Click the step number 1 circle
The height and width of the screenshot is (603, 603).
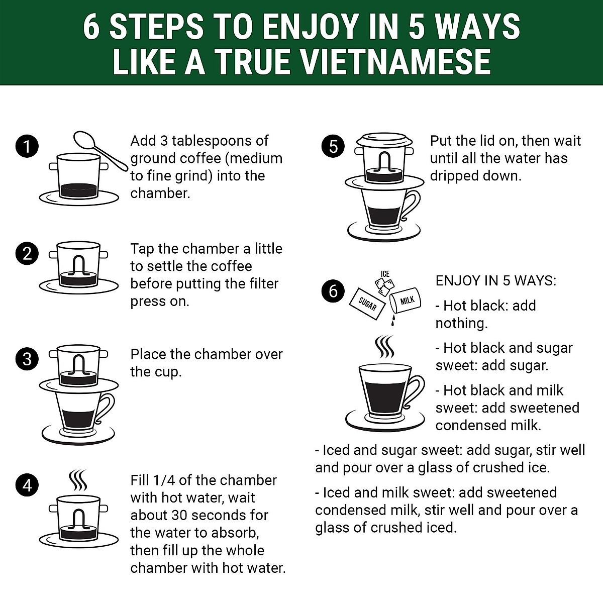tap(27, 146)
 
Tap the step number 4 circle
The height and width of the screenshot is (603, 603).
tap(27, 485)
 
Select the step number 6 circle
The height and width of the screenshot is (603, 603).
tap(333, 291)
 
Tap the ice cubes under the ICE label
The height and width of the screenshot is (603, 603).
tap(384, 286)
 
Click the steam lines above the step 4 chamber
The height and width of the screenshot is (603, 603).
tap(77, 480)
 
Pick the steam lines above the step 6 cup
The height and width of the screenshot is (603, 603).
tap(384, 347)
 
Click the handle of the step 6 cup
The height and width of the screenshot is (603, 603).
tap(415, 391)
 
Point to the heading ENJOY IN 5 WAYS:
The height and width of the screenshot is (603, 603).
tap(496, 281)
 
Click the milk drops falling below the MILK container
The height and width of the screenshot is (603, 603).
tap(393, 321)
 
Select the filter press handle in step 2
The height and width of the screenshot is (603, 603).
tap(78, 265)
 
